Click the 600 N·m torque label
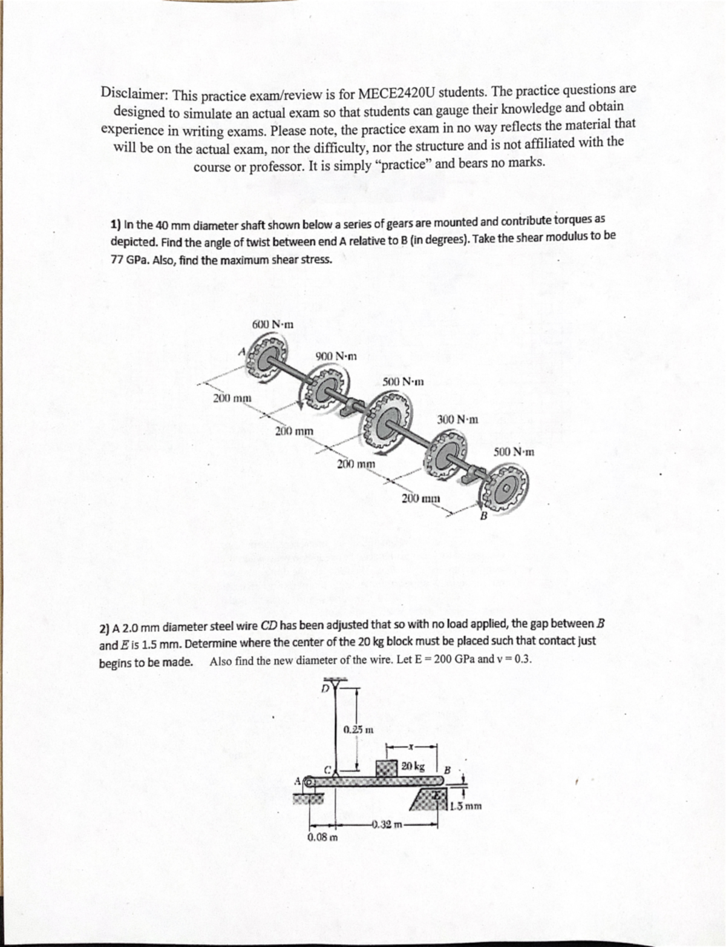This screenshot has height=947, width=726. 272,324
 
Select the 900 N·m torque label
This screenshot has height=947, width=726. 336,356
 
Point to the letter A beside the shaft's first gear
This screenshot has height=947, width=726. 241,351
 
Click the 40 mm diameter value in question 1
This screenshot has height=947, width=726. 162,225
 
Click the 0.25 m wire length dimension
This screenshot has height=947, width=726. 357,730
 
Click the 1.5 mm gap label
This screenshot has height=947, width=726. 466,806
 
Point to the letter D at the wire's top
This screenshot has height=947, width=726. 324,688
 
